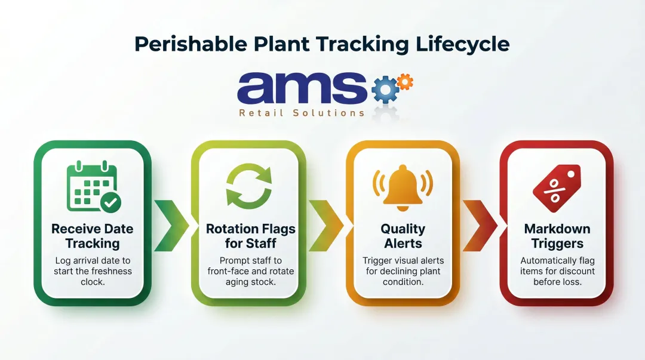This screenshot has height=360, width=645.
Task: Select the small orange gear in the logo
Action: (405, 81)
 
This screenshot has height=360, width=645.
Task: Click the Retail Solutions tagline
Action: (302, 113)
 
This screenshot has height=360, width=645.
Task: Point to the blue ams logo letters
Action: (302, 88)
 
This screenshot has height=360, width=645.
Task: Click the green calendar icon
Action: (91, 186)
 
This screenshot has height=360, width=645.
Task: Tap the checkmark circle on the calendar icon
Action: (110, 202)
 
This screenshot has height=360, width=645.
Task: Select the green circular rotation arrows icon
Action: (248, 186)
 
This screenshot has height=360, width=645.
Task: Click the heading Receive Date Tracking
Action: (93, 236)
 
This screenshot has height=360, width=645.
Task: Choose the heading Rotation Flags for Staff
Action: (250, 236)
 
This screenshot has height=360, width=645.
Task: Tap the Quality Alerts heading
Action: (403, 236)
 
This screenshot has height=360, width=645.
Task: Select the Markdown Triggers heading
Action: (557, 236)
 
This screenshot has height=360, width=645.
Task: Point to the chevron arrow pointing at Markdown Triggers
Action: (480, 225)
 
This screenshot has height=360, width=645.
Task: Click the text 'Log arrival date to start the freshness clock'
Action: (93, 271)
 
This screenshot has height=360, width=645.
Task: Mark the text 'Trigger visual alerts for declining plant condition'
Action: (403, 271)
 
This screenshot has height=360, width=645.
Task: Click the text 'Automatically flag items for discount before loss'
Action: (557, 271)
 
